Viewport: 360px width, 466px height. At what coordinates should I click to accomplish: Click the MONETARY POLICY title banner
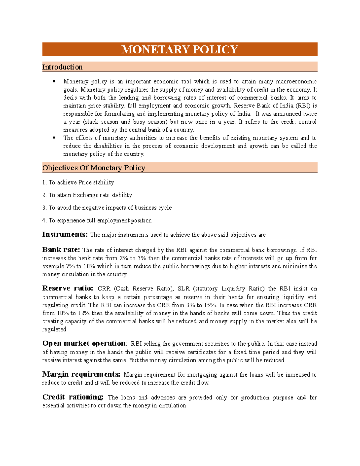(180, 49)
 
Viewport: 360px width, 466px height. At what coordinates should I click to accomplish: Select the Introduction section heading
(62, 67)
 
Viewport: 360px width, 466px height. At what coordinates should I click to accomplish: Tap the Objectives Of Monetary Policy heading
(94, 168)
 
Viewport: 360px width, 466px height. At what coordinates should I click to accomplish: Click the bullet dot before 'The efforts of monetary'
(54, 138)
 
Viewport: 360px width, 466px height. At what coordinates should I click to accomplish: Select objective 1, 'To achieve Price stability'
(78, 182)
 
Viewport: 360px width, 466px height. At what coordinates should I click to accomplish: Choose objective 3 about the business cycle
(107, 208)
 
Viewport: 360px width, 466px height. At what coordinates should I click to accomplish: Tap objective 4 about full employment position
(97, 221)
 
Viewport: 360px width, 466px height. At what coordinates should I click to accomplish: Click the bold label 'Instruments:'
(65, 234)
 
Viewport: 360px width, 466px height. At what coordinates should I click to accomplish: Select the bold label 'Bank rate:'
(61, 250)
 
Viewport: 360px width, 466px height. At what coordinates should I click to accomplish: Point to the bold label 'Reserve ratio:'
(68, 288)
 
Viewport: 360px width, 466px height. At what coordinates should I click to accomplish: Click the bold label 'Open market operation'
(84, 343)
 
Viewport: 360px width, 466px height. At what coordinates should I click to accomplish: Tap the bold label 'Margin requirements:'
(81, 374)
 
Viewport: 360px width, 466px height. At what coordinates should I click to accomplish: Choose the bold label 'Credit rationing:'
(73, 397)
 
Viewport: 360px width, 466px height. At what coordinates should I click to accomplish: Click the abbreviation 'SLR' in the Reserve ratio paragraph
(184, 289)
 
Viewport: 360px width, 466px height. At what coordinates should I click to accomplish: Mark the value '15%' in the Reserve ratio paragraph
(210, 305)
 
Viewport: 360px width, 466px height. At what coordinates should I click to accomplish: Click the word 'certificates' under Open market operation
(202, 352)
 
